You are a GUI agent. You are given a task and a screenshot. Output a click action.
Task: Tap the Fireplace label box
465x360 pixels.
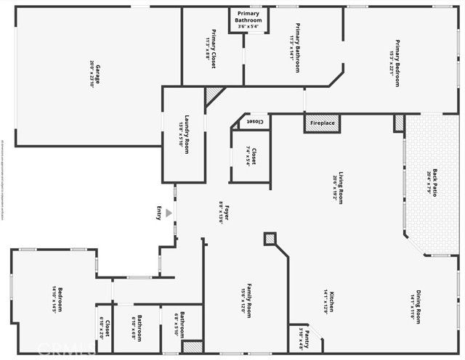[322, 123]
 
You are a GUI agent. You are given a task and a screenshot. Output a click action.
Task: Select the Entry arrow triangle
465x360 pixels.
[169, 213]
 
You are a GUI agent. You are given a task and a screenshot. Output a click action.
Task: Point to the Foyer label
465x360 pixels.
[225, 213]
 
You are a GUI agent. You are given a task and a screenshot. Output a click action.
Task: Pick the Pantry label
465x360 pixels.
[304, 337]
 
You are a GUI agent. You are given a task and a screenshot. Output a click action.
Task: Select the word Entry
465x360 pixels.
[159, 213]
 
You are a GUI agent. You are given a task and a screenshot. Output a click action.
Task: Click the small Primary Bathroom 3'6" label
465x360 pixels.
[248, 20]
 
